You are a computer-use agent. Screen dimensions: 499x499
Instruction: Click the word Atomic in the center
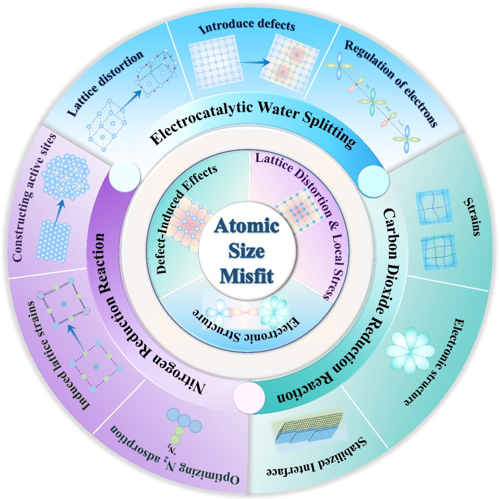(247, 226)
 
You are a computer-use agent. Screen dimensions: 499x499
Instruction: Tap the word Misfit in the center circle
(247, 275)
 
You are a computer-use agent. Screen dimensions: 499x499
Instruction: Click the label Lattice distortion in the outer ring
(105, 83)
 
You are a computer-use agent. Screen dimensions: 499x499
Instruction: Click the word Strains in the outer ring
(472, 216)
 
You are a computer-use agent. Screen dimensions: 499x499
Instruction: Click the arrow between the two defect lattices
(255, 62)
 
